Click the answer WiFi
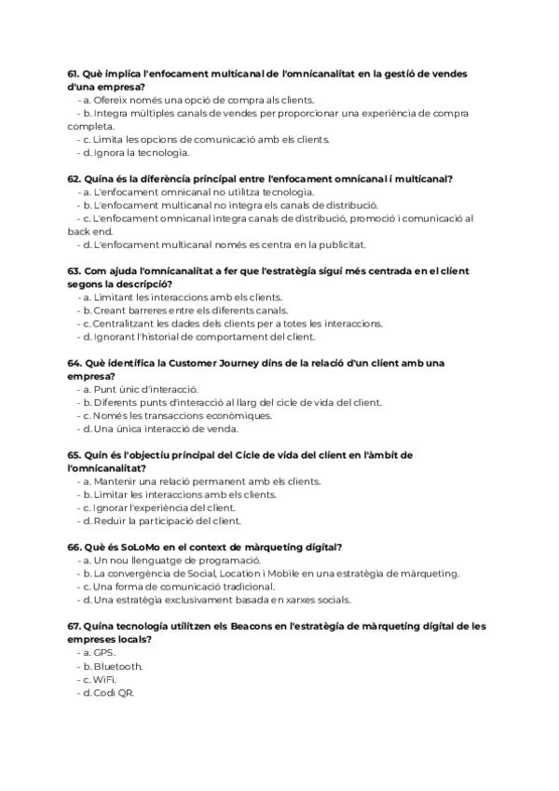[x=104, y=679]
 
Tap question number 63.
[x=74, y=271]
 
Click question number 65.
[x=74, y=454]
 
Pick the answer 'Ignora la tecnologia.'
[x=141, y=152]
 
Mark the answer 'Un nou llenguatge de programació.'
[x=175, y=560]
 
